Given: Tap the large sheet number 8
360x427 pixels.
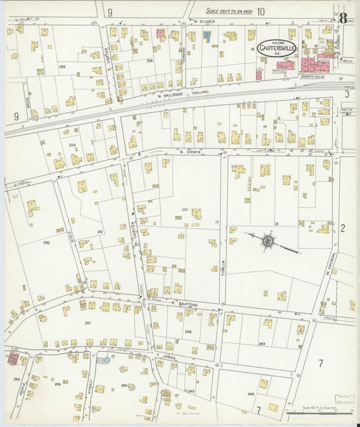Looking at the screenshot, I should coord(344,19).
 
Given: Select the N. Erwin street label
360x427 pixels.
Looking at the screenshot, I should coord(191,152).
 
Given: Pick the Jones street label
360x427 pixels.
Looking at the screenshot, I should coord(168,355).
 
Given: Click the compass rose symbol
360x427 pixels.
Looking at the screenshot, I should coord(268,240).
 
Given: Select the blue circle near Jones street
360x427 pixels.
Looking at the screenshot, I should coord(106,360).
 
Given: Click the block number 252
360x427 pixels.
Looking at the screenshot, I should coord(184,210).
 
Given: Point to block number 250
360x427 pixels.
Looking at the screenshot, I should coord(46,242).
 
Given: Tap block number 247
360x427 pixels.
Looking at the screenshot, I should coord(88,323).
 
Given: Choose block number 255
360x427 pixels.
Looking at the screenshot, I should coord(62,66).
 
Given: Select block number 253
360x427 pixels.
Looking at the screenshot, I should coord(72,145).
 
